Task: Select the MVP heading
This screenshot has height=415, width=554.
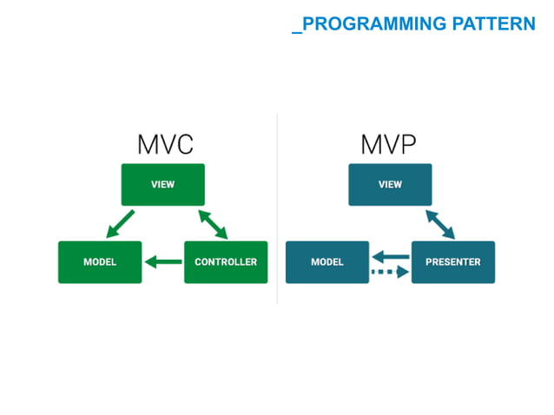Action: click(390, 143)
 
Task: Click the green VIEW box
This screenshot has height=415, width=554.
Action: click(162, 185)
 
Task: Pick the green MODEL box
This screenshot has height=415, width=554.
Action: click(100, 262)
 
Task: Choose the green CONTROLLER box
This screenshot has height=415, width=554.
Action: click(226, 262)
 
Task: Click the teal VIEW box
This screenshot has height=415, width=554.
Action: click(390, 185)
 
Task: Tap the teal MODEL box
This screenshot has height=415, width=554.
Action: click(327, 262)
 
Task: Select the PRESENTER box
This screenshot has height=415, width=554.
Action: click(453, 262)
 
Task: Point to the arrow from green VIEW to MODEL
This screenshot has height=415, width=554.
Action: click(120, 224)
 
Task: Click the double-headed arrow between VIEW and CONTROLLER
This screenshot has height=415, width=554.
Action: click(213, 223)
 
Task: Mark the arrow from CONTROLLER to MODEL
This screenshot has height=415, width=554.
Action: click(163, 261)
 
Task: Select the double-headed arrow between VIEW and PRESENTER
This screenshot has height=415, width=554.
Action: click(440, 223)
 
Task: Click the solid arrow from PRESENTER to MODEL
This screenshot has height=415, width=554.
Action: click(391, 256)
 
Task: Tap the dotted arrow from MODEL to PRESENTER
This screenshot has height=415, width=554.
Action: click(391, 272)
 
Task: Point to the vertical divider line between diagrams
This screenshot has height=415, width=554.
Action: click(277, 208)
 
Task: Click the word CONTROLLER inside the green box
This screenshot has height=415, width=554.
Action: click(226, 262)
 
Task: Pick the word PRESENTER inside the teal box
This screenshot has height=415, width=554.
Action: click(453, 262)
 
